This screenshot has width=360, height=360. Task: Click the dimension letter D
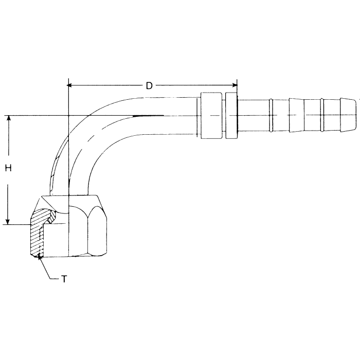[149, 86]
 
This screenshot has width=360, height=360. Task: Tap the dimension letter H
[8, 168]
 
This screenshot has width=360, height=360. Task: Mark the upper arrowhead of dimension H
[8, 119]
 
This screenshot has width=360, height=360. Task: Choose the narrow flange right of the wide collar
[231, 115]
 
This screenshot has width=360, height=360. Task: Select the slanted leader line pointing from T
[47, 268]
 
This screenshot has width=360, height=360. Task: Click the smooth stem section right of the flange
[255, 115]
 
